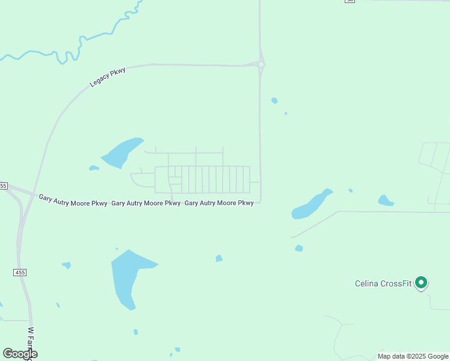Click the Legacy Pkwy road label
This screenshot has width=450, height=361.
tap(108, 78)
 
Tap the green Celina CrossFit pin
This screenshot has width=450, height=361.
tap(422, 282)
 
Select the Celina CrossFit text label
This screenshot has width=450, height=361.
tap(383, 283)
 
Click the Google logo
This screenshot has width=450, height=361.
tap(20, 354)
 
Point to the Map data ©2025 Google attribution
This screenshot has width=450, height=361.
tap(413, 356)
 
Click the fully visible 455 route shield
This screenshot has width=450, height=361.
tap(20, 273)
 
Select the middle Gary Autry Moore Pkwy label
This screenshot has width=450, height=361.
tap(146, 203)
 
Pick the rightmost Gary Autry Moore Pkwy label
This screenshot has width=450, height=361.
tap(219, 203)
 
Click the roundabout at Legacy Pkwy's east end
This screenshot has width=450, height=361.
tap(261, 64)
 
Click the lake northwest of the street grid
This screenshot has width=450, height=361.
tap(122, 153)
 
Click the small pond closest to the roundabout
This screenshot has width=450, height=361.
tap(274, 100)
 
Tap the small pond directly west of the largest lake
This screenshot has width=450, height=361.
tap(66, 265)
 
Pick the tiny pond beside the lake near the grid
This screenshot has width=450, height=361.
tap(93, 168)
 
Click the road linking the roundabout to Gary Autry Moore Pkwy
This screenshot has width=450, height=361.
tap(260, 132)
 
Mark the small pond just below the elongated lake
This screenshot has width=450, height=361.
tap(299, 248)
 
